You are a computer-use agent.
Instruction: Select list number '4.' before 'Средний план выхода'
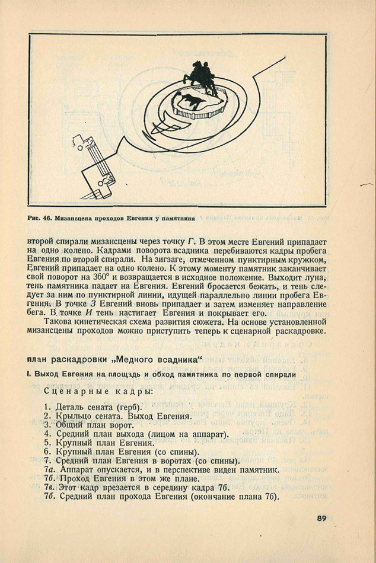(47, 434)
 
